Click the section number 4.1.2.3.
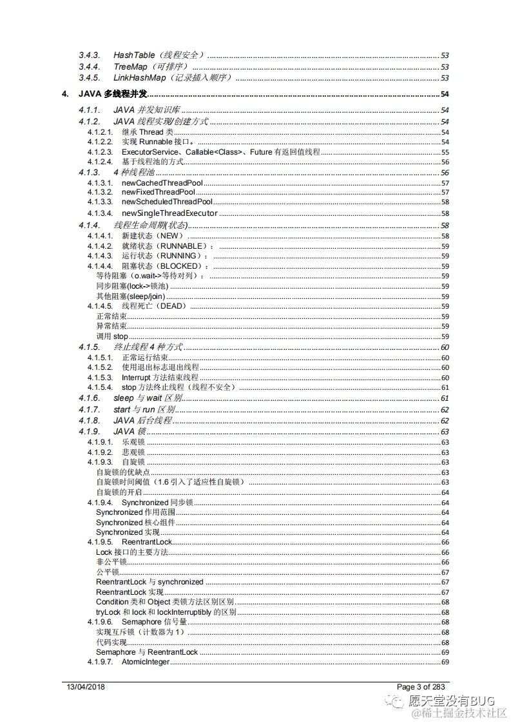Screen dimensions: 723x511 click(100, 152)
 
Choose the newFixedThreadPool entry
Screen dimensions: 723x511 click(158, 193)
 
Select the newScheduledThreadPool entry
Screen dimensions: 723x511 click(167, 202)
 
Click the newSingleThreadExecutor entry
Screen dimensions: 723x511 click(169, 213)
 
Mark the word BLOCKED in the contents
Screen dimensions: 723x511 click(180, 266)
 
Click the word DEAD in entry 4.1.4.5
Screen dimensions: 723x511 click(171, 306)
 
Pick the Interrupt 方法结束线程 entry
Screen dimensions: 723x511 click(160, 377)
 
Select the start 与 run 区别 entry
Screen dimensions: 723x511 click(145, 410)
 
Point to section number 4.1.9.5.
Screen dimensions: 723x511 click(100, 542)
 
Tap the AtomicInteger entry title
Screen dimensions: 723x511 click(146, 662)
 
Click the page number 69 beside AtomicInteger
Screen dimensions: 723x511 click(445, 662)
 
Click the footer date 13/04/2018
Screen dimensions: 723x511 click(86, 687)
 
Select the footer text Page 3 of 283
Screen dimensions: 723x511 click(421, 687)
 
